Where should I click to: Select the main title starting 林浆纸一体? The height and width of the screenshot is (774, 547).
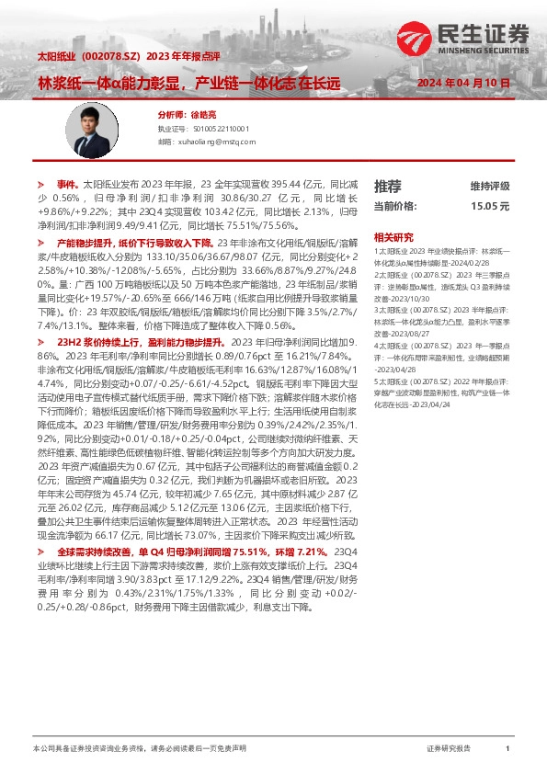[x=188, y=83]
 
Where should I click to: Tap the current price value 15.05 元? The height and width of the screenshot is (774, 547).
[x=490, y=207]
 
